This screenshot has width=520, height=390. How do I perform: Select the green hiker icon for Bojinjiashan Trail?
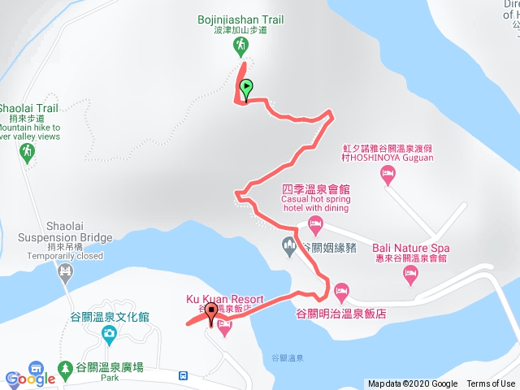(x=241, y=48)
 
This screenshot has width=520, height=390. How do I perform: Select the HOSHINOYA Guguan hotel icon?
(x=388, y=172)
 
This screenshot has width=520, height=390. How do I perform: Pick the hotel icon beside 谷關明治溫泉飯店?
(x=341, y=290)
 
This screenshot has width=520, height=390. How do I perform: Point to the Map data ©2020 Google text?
(x=412, y=384)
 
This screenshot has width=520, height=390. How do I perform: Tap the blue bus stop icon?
(x=184, y=376)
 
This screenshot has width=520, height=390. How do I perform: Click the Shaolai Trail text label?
(x=29, y=107)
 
